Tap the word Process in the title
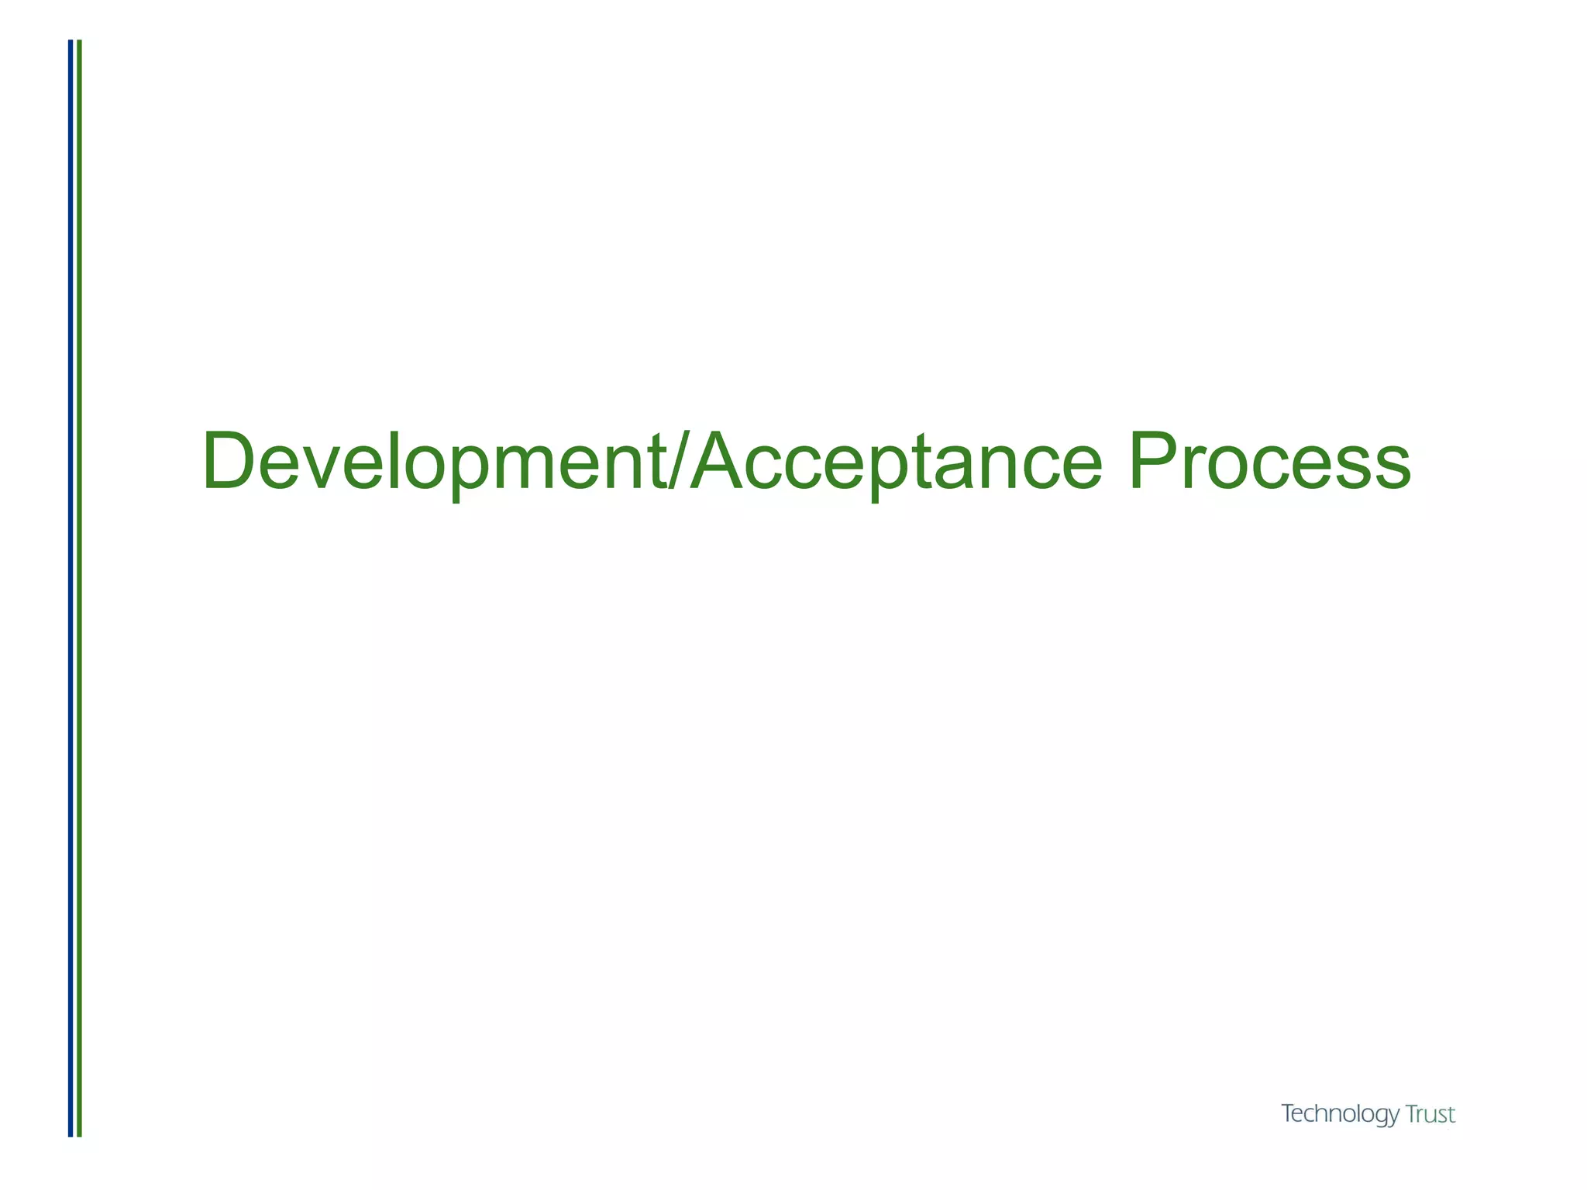[x=1269, y=463]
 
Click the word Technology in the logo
[x=1340, y=1115]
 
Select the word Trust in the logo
[x=1430, y=1115]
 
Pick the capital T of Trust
[x=1413, y=1115]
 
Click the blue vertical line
[x=71, y=589]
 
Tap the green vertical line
[x=79, y=589]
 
